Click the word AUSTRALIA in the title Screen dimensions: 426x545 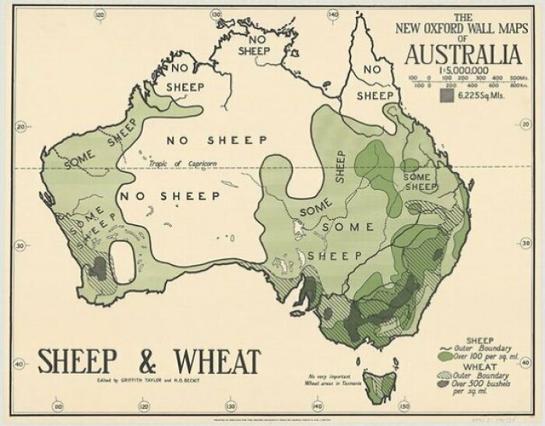tap(462, 55)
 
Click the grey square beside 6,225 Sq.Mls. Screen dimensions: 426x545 tap(446, 96)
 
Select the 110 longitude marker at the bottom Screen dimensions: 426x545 tap(58, 407)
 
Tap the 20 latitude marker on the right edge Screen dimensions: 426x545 tap(524, 125)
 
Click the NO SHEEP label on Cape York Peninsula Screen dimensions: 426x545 tap(375, 82)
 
